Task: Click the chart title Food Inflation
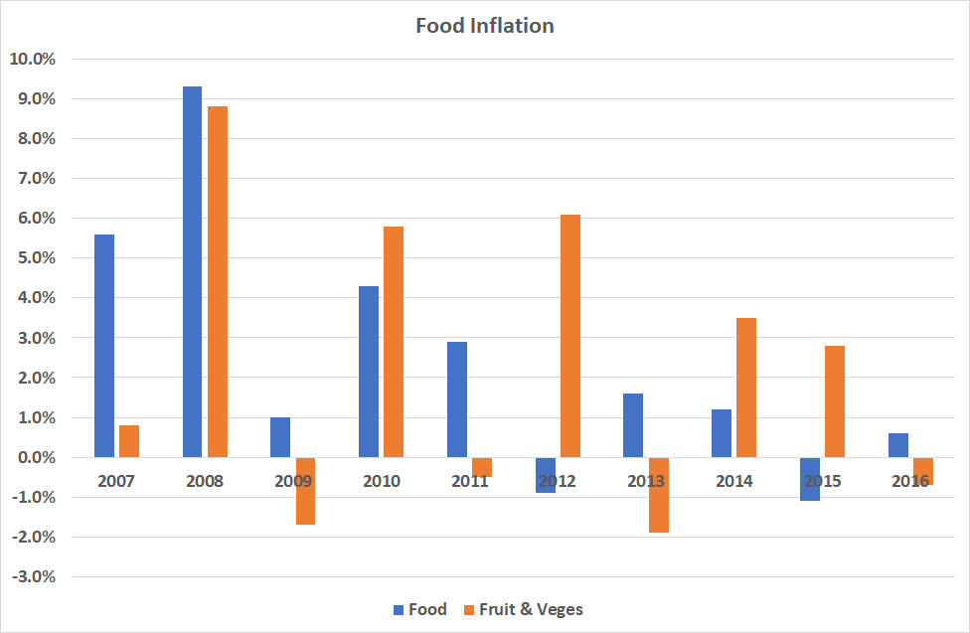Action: point(484,26)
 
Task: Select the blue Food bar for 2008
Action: point(192,271)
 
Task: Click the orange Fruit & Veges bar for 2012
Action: point(569,336)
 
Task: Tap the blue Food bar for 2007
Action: point(104,346)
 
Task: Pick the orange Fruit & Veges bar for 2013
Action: point(658,495)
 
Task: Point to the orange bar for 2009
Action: point(305,491)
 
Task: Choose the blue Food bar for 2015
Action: point(810,479)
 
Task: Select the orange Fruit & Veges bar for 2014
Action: point(746,388)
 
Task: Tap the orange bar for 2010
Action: point(394,342)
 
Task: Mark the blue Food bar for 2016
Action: point(898,445)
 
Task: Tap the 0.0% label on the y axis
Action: point(34,458)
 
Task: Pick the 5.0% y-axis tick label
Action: point(34,258)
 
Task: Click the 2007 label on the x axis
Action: point(115,481)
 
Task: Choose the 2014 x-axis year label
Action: point(733,481)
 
